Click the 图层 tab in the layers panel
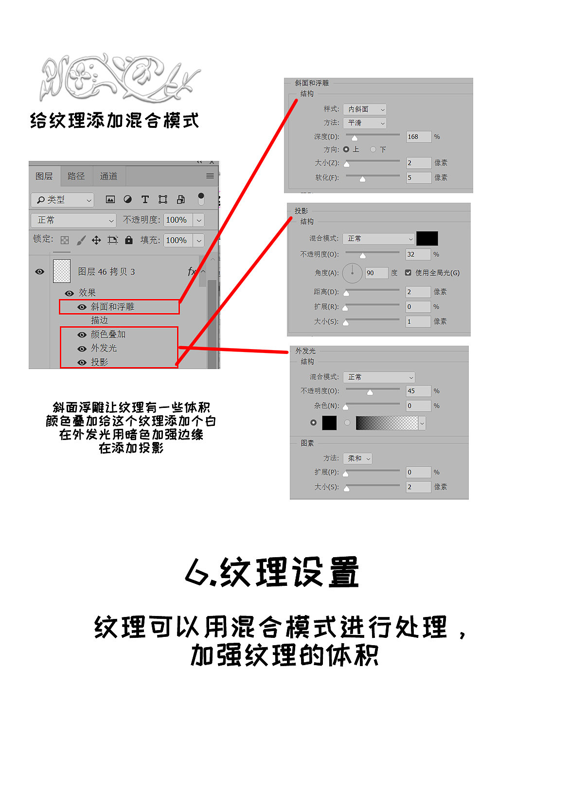point(44,176)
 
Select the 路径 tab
point(76,176)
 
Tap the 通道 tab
point(108,176)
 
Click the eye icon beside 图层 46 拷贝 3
point(40,272)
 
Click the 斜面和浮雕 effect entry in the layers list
point(112,307)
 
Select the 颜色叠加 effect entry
point(108,334)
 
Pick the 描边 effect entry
point(99,320)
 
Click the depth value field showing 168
point(418,137)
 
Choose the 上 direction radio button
point(346,149)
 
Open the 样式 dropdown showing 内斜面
point(365,109)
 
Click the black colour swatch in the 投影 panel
point(427,238)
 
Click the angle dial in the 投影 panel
point(352,273)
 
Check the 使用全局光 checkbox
point(408,273)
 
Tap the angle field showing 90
point(376,273)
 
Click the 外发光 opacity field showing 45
point(418,391)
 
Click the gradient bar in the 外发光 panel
point(387,423)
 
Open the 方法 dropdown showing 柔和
point(357,458)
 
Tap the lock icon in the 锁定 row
point(129,240)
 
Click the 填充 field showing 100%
point(177,240)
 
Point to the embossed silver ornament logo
point(119,78)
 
